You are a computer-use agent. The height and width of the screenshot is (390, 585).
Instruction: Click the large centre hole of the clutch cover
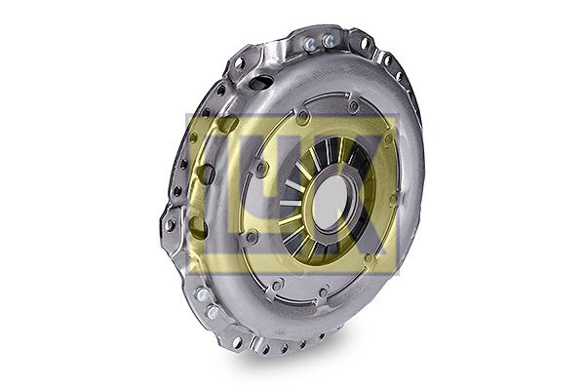[x=331, y=202]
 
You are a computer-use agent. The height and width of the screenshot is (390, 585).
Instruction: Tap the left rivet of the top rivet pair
[x=310, y=45]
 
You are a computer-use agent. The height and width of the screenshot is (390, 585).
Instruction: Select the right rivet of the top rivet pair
[x=328, y=40]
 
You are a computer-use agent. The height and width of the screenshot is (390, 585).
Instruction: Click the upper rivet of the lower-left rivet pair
[x=202, y=294]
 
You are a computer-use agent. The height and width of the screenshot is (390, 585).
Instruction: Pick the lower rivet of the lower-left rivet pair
[x=213, y=312]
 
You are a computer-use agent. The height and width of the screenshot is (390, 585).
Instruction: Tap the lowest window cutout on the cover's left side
[x=197, y=226]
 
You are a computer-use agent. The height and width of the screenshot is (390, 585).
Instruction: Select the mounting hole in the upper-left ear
[x=239, y=63]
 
